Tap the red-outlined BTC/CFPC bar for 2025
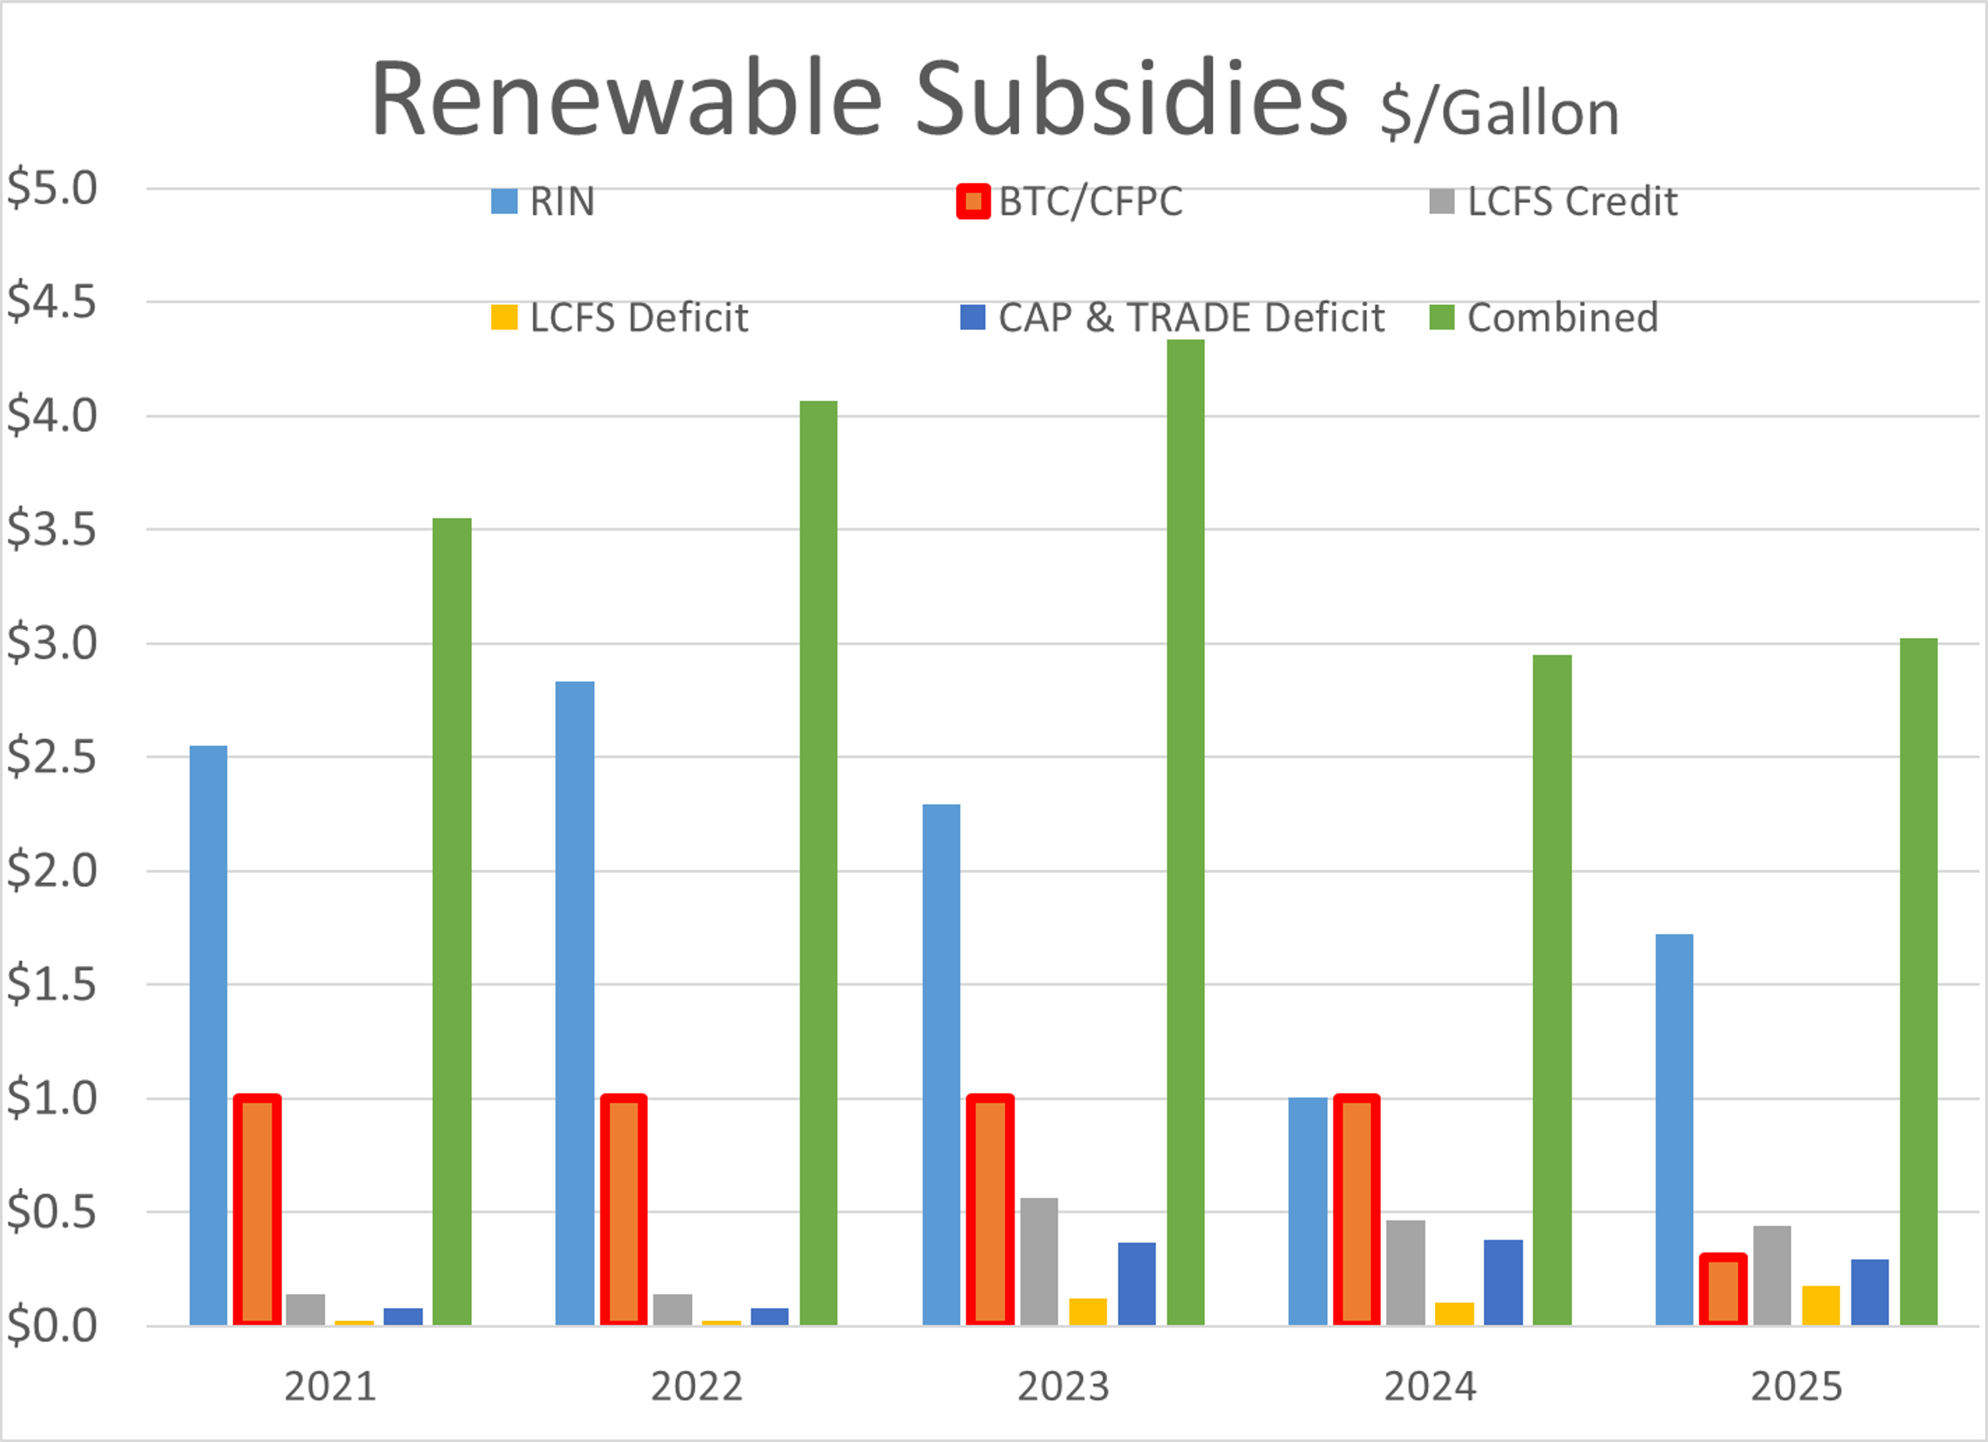pyautogui.click(x=1722, y=1289)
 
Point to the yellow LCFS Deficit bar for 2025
pyautogui.click(x=1821, y=1305)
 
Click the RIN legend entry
pyautogui.click(x=544, y=202)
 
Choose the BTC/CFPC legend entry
pyautogui.click(x=1070, y=202)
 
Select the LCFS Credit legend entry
pyautogui.click(x=1553, y=202)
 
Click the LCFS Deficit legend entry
pyautogui.click(x=620, y=317)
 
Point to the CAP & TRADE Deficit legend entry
pyautogui.click(x=1172, y=317)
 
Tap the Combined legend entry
pyautogui.click(x=1544, y=317)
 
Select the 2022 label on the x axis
pyautogui.click(x=697, y=1387)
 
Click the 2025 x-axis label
pyautogui.click(x=1797, y=1387)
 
